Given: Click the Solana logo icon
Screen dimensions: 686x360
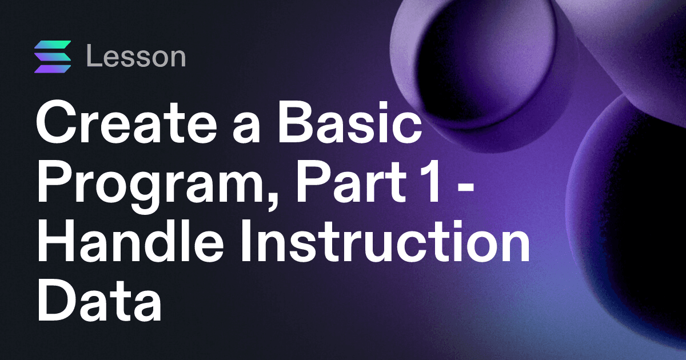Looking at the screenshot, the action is pyautogui.click(x=53, y=57).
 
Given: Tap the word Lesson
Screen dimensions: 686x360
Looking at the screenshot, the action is pyautogui.click(x=136, y=56).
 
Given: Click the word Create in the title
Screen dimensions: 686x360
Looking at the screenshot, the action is pyautogui.click(x=126, y=122).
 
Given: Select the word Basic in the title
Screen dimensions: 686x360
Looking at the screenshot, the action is pyautogui.click(x=350, y=122).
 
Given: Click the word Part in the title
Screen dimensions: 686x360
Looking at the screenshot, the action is pyautogui.click(x=351, y=182).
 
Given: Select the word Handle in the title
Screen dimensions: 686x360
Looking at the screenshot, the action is pyautogui.click(x=130, y=242).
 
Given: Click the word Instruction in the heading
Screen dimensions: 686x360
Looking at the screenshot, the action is pyautogui.click(x=386, y=242).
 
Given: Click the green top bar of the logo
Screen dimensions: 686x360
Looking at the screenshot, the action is pyautogui.click(x=53, y=45).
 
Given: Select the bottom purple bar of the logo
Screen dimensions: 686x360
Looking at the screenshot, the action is pyautogui.click(x=53, y=69).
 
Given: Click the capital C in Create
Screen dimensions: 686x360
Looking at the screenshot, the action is pyautogui.click(x=57, y=122).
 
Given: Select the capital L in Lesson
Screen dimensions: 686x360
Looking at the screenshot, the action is pyautogui.click(x=94, y=55).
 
